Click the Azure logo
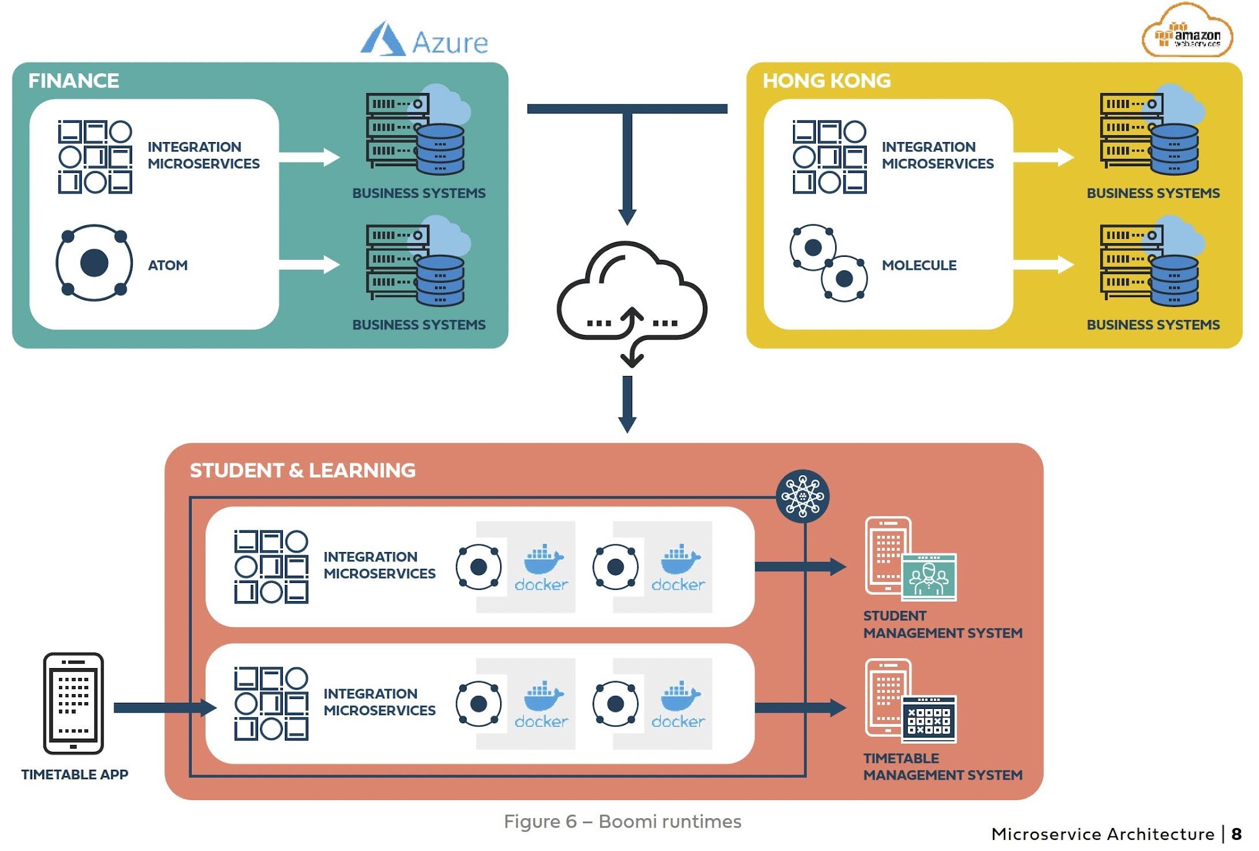pos(424,40)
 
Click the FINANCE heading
pos(73,81)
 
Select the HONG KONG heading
pos(827,81)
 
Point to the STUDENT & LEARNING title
pos(302,470)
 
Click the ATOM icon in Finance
pos(94,263)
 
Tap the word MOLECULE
pos(919,265)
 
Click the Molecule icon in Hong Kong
pos(828,263)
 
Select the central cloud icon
pos(631,298)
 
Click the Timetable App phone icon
pos(73,703)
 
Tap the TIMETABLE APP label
pos(74,775)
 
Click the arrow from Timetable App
pos(164,708)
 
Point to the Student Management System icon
pos(910,559)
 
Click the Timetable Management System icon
pos(910,702)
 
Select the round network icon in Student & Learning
pos(802,496)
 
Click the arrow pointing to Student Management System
pos(800,566)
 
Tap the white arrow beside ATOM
pos(309,265)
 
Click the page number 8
pos(1237,834)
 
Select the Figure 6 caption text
pos(622,822)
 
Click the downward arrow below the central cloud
pos(627,403)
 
